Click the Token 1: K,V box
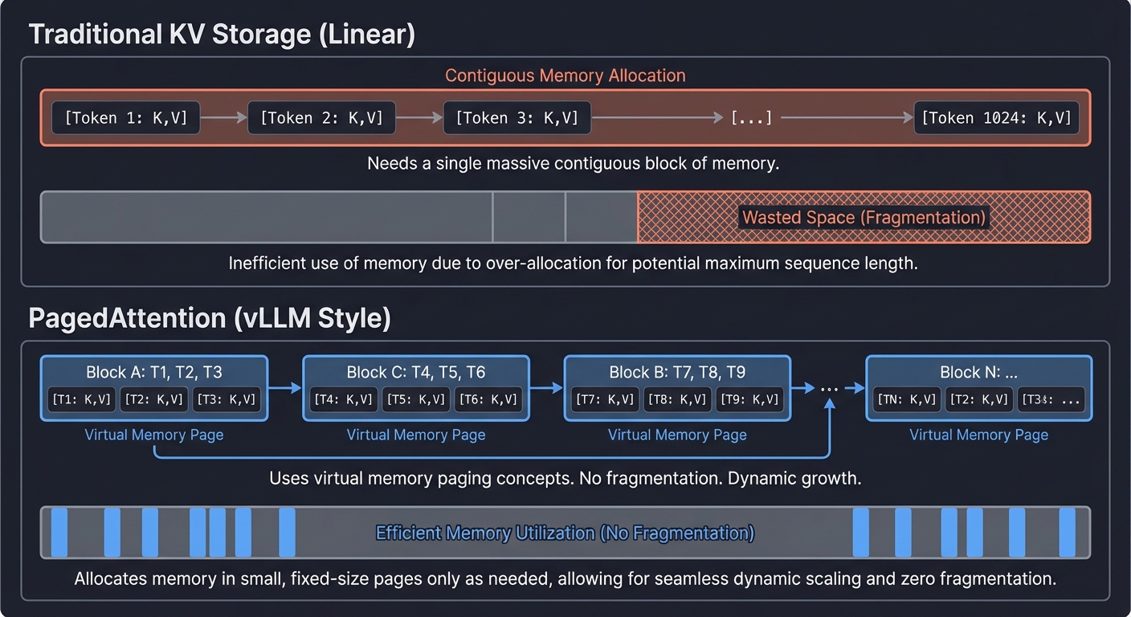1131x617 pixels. tap(126, 118)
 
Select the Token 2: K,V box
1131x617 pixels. tap(321, 118)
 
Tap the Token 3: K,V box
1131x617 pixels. tap(517, 118)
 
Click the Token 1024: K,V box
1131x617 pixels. tap(996, 118)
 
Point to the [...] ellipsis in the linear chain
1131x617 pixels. tap(751, 118)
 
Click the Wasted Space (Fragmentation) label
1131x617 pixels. tap(864, 217)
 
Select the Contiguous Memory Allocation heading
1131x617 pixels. tap(565, 76)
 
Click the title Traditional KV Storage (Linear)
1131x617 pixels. tap(222, 35)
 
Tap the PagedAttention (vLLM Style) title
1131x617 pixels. tap(210, 318)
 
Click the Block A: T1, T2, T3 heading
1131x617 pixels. tap(154, 373)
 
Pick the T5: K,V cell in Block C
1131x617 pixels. tap(416, 399)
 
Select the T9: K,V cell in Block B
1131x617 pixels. tap(749, 399)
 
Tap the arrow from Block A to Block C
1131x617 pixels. tap(284, 388)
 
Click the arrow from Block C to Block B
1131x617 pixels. tap(546, 388)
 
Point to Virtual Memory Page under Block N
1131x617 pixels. tap(978, 435)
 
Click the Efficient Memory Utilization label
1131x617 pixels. tap(565, 533)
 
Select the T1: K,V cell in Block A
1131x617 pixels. tap(83, 399)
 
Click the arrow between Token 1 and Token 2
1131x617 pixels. tap(223, 118)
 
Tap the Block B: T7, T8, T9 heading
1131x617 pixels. tap(677, 373)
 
